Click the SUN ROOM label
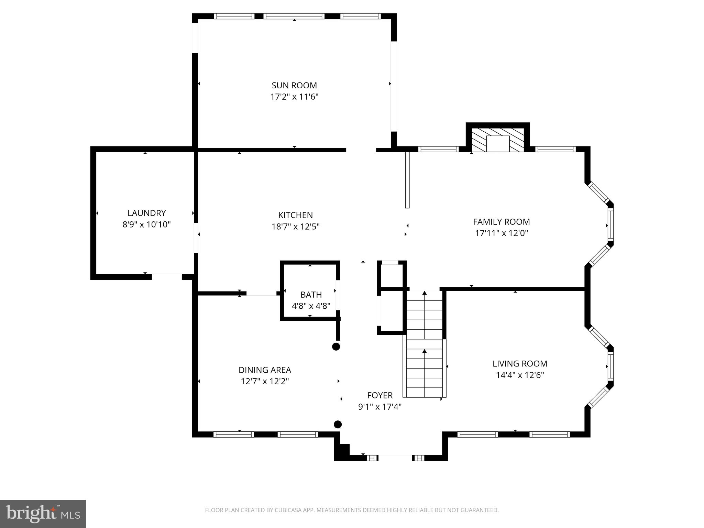point(294,85)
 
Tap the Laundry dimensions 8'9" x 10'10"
point(146,224)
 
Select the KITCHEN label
point(295,215)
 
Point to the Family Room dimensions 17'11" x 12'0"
point(501,233)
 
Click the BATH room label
point(311,295)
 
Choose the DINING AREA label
point(265,370)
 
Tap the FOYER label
point(379,395)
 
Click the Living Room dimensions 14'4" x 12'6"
point(520,375)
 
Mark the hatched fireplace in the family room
point(497,140)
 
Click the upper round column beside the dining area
point(336,346)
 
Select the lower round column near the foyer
point(338,424)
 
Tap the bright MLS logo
point(43,514)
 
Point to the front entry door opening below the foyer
point(395,458)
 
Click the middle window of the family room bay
point(610,225)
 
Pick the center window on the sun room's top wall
point(294,16)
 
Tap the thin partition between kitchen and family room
point(407,180)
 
